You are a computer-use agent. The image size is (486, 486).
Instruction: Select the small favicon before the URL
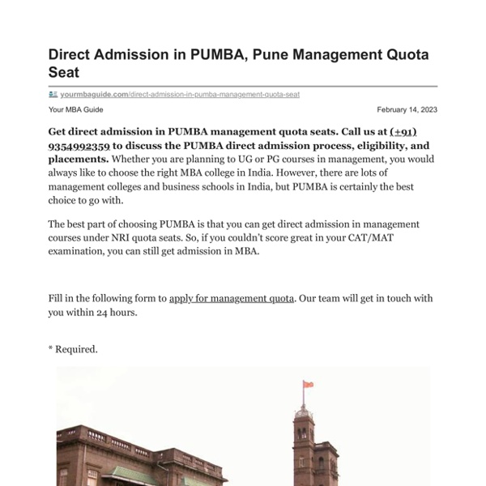(x=53, y=94)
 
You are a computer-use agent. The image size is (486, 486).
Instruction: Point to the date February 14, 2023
(x=407, y=110)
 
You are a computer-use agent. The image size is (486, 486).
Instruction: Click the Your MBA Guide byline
(x=76, y=110)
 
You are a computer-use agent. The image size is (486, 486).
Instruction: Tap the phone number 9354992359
(x=79, y=147)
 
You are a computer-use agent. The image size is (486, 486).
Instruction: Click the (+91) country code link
(x=403, y=132)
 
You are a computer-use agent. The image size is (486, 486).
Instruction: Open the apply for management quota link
(x=231, y=298)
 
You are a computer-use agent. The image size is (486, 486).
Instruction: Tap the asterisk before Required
(x=51, y=348)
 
